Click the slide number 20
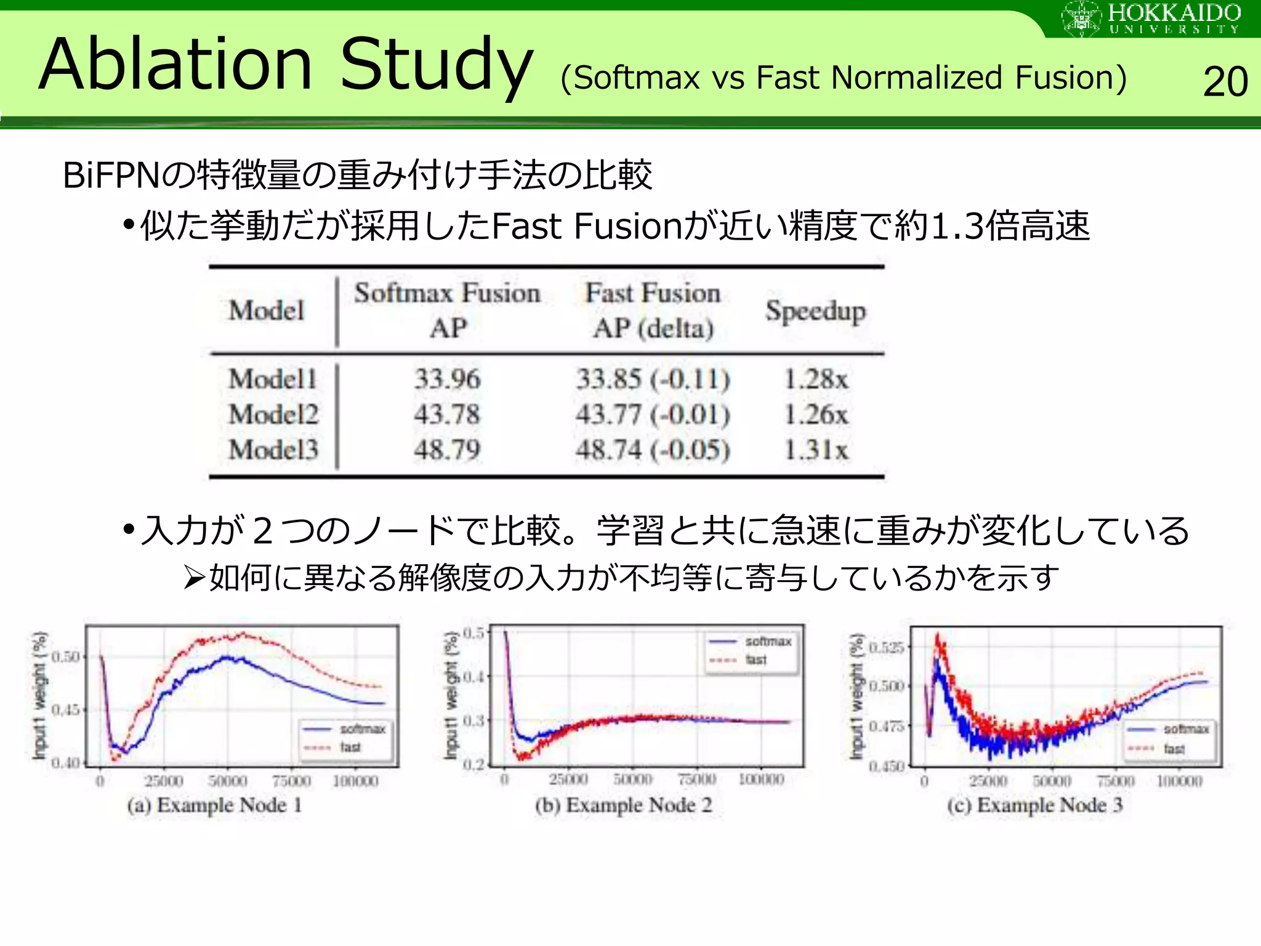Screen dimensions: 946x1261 pyautogui.click(x=1225, y=82)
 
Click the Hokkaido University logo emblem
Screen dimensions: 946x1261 pyautogui.click(x=1081, y=18)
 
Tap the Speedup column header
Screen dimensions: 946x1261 pyautogui.click(x=815, y=311)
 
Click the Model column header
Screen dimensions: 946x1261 pyautogui.click(x=267, y=310)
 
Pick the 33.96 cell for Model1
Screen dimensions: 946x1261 pyautogui.click(x=446, y=379)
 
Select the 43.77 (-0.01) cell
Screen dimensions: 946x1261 pyautogui.click(x=653, y=414)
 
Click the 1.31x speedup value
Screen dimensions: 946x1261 pyautogui.click(x=815, y=450)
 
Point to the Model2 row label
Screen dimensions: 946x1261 pyautogui.click(x=273, y=414)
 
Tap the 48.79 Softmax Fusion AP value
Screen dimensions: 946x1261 pyautogui.click(x=446, y=450)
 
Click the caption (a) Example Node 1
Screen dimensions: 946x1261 pyautogui.click(x=214, y=805)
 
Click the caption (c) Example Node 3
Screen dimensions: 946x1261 pyautogui.click(x=1034, y=805)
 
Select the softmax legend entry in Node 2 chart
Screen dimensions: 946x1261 pyautogui.click(x=767, y=642)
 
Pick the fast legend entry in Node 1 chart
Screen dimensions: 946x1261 pyautogui.click(x=350, y=748)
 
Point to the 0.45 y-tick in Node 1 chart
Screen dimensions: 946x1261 pyautogui.click(x=66, y=710)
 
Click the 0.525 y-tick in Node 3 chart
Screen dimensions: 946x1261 pyautogui.click(x=886, y=647)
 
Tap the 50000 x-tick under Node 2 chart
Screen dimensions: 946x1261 pyautogui.click(x=632, y=780)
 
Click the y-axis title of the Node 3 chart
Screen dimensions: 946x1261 pyautogui.click(x=856, y=696)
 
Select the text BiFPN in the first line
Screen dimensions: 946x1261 pyautogui.click(x=111, y=176)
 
